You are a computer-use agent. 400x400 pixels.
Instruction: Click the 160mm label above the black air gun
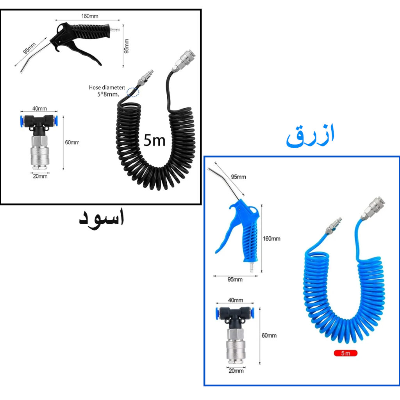(89, 16)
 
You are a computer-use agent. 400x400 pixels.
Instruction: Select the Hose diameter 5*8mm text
(107, 91)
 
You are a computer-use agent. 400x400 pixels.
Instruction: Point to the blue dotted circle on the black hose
(133, 92)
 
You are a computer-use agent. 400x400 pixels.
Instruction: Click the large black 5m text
(154, 140)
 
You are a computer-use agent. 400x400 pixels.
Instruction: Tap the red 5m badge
(345, 353)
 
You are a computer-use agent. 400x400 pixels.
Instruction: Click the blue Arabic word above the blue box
(310, 136)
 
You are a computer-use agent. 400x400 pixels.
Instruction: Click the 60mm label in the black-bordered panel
(72, 142)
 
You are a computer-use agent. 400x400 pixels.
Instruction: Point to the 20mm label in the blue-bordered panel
(236, 371)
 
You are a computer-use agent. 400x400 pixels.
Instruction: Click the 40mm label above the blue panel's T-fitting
(235, 300)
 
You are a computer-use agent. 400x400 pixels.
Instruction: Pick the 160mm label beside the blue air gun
(271, 239)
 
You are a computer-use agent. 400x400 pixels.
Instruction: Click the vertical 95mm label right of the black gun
(127, 46)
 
